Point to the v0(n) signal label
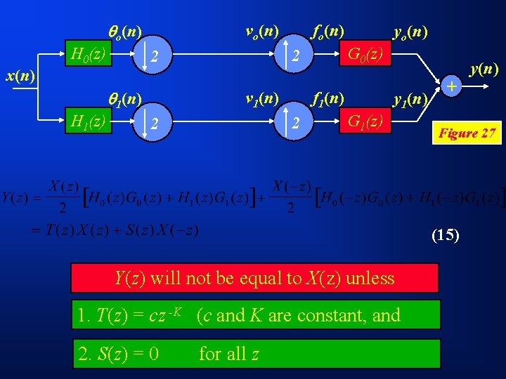(261, 31)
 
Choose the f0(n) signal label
(327, 31)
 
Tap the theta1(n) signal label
(124, 99)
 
